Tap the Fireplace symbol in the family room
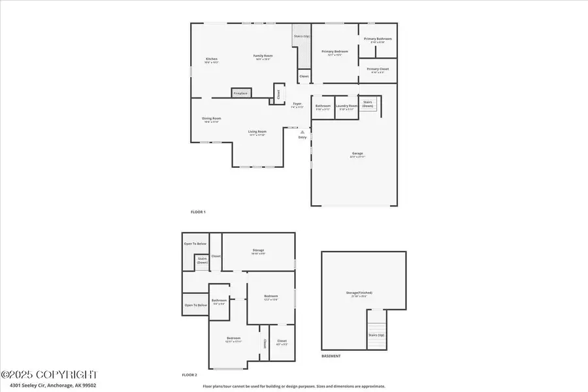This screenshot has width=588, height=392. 240,93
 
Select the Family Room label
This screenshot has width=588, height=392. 263,56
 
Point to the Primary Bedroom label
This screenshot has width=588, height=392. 335,52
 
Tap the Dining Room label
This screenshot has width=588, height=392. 212,119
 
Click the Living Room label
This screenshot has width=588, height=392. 257,133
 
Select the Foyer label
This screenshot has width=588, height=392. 297,105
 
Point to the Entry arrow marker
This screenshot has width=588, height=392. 302,133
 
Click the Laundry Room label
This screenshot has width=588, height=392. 346,106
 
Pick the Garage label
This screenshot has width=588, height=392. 357,154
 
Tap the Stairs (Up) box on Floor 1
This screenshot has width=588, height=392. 301,37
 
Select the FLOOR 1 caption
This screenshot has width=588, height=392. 198,212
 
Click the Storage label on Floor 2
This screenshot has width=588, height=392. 257,250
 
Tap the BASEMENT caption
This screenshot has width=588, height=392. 331,356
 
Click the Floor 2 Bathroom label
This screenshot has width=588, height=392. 218,301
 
